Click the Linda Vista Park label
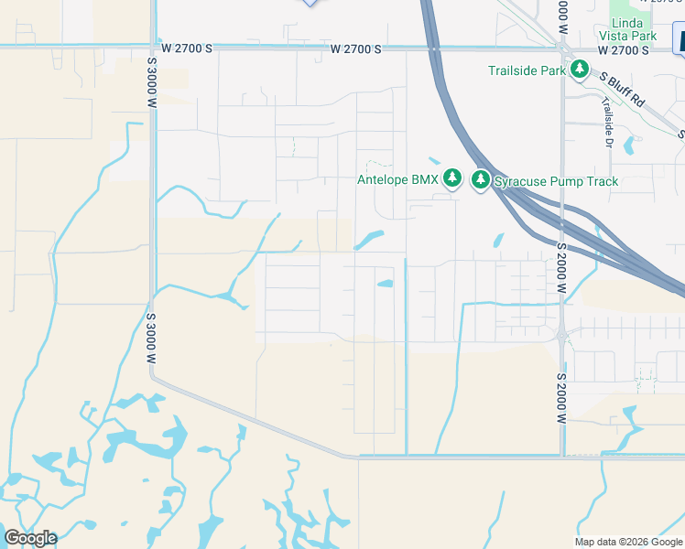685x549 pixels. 634,27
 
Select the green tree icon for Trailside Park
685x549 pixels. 580,69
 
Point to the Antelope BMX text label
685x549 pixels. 397,179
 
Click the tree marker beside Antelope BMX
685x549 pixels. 451,178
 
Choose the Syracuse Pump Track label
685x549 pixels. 556,181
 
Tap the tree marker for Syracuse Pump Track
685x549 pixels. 481,180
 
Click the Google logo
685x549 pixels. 30,538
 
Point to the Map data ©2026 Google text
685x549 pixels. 628,542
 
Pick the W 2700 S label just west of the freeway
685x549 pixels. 356,48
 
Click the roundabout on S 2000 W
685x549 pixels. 561,336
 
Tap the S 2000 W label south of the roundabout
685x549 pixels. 561,395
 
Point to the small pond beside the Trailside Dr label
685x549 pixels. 629,145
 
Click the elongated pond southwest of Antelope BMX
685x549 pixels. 369,241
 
